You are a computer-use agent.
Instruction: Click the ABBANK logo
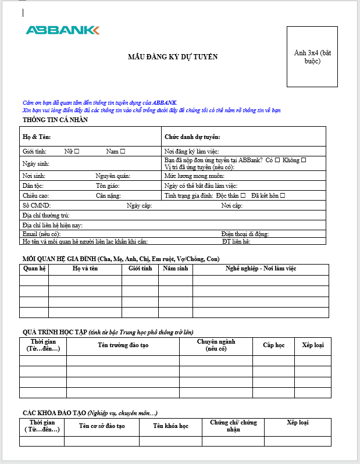(62, 30)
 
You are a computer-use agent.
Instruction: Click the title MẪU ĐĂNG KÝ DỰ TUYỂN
(173, 56)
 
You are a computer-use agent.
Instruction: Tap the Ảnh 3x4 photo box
(312, 56)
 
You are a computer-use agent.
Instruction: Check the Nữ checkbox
(77, 151)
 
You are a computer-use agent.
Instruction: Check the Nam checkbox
(123, 151)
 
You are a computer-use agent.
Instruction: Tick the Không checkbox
(304, 160)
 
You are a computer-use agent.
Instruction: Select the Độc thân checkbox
(243, 195)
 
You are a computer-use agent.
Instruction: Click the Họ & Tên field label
(37, 137)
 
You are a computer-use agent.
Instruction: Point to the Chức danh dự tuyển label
(191, 137)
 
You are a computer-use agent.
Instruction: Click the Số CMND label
(37, 205)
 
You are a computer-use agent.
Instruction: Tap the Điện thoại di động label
(245, 234)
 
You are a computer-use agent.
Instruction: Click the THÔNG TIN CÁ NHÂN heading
(55, 120)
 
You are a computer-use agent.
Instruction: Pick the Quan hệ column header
(34, 269)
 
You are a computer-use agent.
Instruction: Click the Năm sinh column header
(175, 269)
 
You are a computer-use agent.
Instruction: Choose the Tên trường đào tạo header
(123, 345)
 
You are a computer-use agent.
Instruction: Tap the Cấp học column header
(273, 345)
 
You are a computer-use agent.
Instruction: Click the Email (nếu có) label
(41, 234)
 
